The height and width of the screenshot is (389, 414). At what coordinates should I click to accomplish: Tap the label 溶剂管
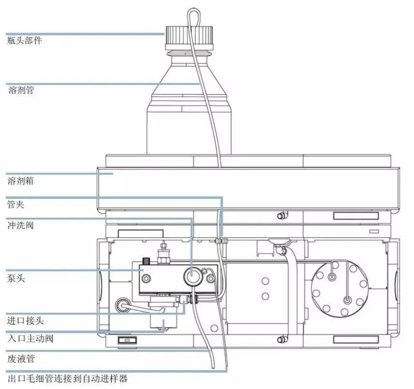point(21,90)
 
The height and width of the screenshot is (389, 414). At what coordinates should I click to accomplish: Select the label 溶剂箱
point(21,181)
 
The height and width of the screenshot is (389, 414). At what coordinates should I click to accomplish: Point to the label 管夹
point(17,203)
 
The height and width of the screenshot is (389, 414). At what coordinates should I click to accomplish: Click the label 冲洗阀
point(21,226)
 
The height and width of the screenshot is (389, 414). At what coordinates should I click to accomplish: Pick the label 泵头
point(17,278)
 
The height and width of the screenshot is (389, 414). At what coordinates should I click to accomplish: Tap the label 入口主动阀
point(30,338)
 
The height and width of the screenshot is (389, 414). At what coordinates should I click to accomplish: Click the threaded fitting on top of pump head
point(162,252)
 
